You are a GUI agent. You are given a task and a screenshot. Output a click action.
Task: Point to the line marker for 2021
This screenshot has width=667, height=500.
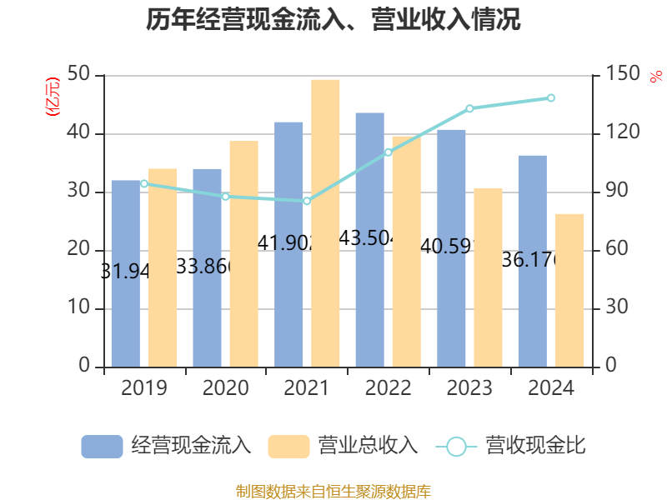coord(307,201)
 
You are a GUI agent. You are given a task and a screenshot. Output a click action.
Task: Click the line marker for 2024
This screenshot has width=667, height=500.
coord(551,98)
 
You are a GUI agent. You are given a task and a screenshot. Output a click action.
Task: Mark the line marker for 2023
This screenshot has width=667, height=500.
coord(469,108)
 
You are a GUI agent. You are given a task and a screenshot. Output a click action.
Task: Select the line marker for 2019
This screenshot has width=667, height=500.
coord(143,183)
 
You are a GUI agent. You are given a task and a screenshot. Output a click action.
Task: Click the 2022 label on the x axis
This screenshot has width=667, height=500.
coord(388,388)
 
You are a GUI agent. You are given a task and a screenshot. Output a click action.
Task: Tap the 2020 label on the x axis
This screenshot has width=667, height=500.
coord(225,388)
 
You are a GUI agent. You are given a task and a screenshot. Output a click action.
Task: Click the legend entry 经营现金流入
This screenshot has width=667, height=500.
coord(166,446)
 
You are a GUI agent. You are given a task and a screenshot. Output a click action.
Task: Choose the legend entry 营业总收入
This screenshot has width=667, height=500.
coord(343,446)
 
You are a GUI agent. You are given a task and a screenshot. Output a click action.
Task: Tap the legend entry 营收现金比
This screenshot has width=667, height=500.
coord(511,446)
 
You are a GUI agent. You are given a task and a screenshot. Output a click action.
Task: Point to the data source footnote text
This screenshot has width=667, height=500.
coord(333,491)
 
